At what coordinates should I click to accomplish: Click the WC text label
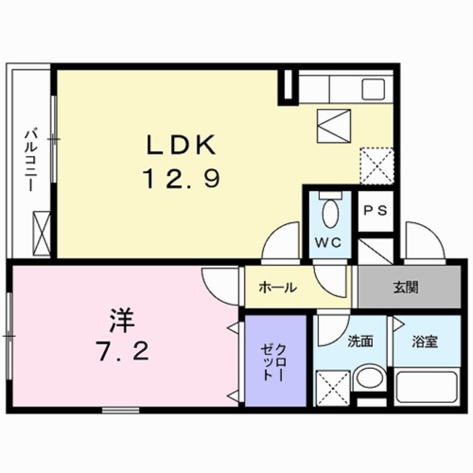pos(327,241)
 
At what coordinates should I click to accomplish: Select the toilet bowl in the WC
pos(327,209)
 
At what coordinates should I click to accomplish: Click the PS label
pos(376,211)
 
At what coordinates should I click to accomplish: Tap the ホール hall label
pos(277,288)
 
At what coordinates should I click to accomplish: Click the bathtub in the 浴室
pos(425,389)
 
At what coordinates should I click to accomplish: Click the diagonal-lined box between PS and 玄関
pos(376,250)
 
